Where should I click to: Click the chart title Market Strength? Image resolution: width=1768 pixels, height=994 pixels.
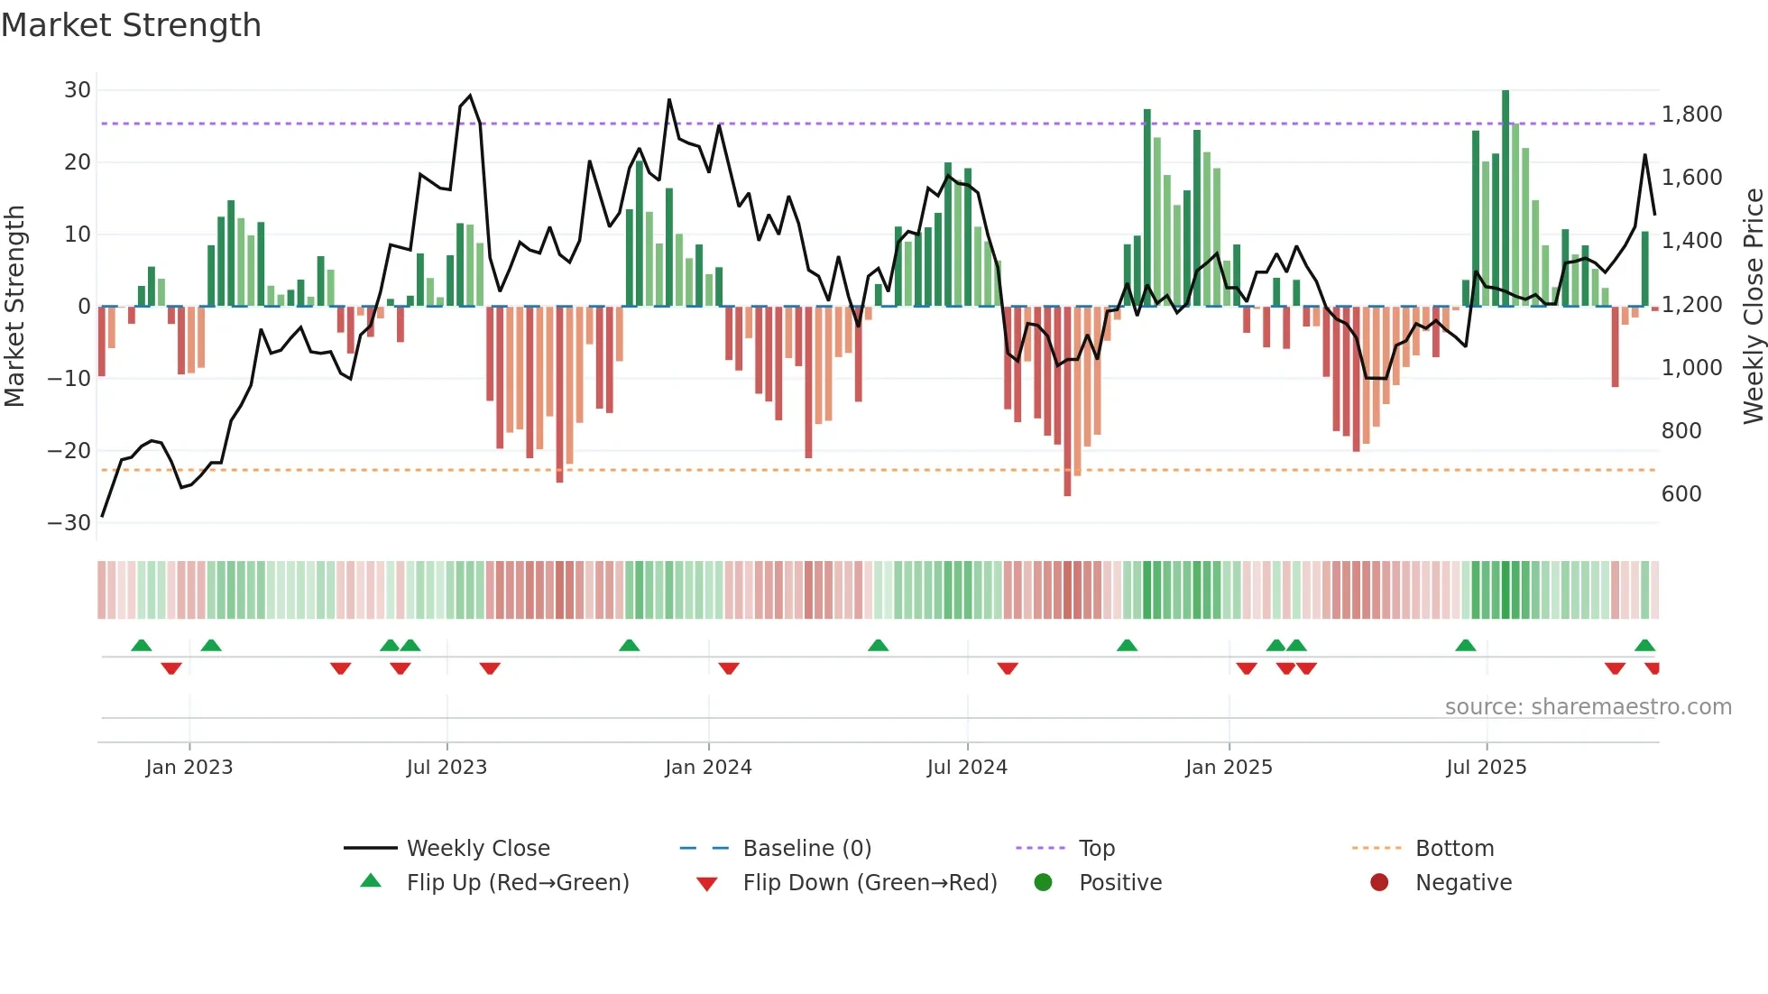point(131,25)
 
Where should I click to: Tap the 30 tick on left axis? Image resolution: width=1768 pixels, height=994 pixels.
point(78,90)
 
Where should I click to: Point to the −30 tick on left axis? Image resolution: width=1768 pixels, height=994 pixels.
point(70,523)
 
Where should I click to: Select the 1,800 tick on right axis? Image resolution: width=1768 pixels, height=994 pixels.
point(1691,115)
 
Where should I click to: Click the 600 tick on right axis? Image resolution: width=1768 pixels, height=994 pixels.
point(1681,494)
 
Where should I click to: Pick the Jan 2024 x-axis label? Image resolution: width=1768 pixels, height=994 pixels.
point(708,768)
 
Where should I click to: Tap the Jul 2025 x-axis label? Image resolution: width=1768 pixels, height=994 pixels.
point(1486,768)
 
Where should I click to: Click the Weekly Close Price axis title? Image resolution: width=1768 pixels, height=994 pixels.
point(1753,307)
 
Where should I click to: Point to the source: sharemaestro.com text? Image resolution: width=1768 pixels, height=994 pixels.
point(1588,707)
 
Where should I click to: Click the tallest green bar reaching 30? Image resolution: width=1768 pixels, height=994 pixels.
point(1506,198)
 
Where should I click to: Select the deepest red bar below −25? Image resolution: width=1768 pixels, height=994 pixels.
point(1067,401)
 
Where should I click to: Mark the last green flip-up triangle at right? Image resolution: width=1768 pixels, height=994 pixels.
point(1644,646)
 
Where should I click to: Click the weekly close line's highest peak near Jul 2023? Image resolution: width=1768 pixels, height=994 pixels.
point(470,96)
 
